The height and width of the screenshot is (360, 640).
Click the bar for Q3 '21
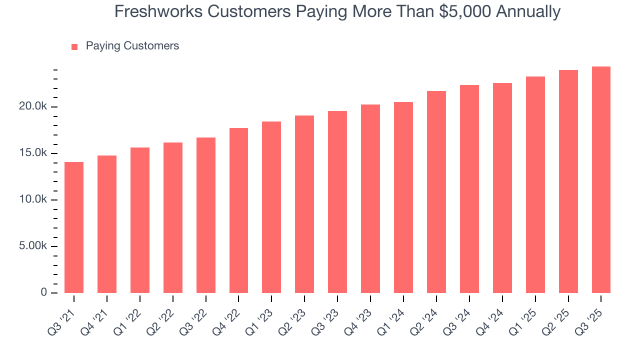74,227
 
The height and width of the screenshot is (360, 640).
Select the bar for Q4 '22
238,210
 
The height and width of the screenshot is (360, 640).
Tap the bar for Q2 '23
304,204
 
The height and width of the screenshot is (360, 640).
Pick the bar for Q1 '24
403,197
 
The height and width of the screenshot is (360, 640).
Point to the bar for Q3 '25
601,179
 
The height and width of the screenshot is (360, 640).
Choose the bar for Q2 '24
436,192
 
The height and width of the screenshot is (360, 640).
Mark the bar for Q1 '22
140,220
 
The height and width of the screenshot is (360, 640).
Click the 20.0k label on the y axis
33,106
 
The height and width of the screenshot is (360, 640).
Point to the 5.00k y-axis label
33,246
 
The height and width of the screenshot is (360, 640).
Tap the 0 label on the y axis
44,293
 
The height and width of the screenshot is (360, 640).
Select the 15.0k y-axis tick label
33,153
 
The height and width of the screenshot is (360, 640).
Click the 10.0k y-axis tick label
33,199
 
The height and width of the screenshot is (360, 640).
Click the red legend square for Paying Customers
74,46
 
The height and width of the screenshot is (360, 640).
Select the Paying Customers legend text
132,46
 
